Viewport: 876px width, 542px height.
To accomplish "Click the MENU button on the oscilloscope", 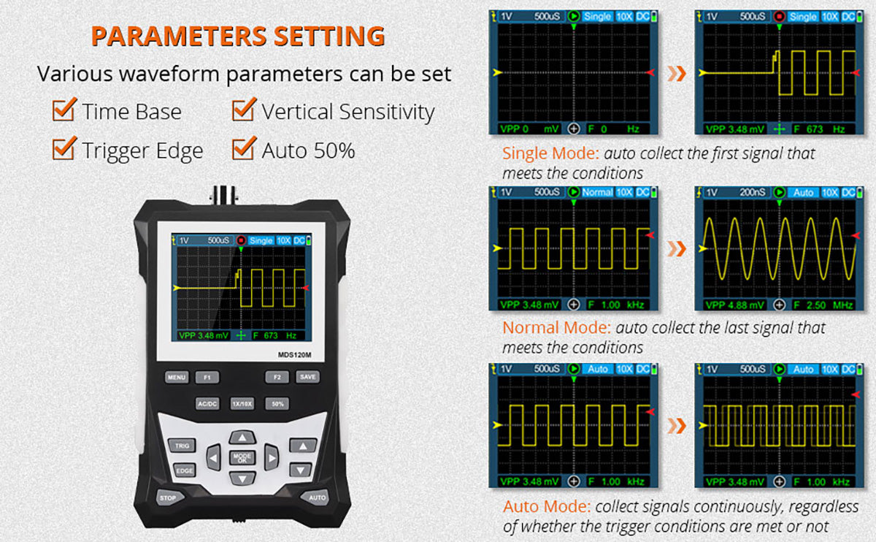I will click(x=176, y=378).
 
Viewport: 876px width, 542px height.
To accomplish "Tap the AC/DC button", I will click(x=207, y=403).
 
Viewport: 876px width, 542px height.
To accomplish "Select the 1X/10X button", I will click(x=242, y=403).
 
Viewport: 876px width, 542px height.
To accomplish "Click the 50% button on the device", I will click(x=277, y=403).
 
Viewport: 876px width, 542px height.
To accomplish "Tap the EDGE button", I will click(x=184, y=471).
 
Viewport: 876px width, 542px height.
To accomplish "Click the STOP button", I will click(x=168, y=497).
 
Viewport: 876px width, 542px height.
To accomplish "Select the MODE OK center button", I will click(x=242, y=459).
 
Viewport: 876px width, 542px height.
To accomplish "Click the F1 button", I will click(x=207, y=378).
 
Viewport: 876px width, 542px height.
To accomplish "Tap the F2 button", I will click(x=277, y=378).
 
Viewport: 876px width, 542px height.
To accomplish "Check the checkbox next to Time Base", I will click(x=64, y=111).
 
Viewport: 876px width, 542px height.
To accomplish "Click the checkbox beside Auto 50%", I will click(x=243, y=150).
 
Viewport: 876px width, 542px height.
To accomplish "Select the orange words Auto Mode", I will click(x=546, y=506).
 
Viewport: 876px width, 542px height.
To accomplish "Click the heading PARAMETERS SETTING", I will click(x=238, y=37).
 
